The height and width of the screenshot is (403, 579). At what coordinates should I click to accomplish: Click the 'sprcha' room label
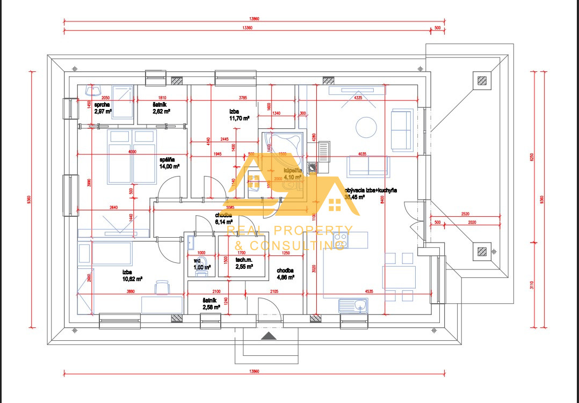tap(102, 105)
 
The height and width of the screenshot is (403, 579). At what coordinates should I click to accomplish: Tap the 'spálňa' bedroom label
tap(167, 159)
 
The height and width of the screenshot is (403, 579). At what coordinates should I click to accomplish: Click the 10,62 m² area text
tap(132, 279)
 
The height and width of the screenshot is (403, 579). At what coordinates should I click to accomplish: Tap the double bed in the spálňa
tap(132, 156)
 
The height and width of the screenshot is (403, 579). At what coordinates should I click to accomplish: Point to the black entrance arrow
tap(269, 336)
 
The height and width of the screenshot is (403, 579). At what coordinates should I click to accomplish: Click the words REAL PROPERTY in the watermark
tap(290, 231)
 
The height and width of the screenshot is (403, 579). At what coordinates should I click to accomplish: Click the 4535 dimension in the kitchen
tap(367, 292)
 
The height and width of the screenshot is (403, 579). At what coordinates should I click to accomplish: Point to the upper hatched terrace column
tap(482, 81)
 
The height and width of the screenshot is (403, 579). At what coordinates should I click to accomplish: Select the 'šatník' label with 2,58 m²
tap(211, 304)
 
